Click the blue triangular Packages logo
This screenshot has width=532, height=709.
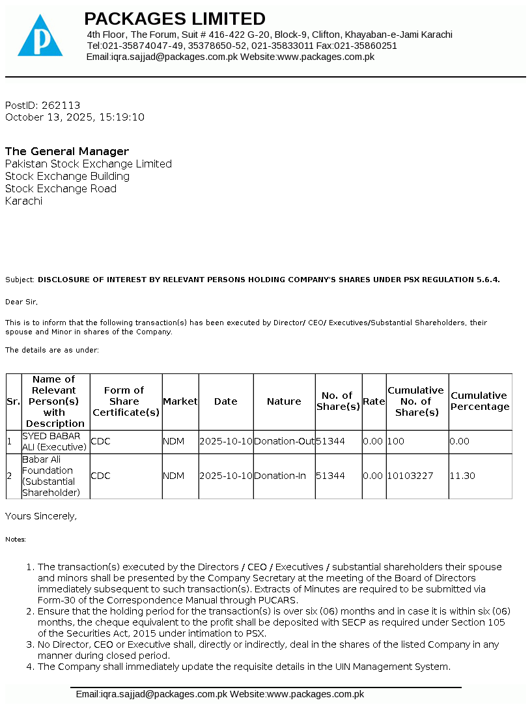point(40,36)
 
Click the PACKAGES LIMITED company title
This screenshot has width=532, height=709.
point(175,18)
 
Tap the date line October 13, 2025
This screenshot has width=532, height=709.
point(74,117)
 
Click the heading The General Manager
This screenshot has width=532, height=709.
point(67,151)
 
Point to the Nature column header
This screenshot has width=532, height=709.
point(284,401)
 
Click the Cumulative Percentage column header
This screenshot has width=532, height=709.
point(480,401)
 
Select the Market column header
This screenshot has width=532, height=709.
point(180,401)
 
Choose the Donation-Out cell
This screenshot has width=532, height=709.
point(284,441)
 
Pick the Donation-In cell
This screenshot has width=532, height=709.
point(280,476)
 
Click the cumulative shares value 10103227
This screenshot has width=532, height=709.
point(410,476)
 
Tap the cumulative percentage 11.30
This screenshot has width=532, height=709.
point(462,476)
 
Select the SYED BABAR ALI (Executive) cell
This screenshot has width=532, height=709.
point(55,441)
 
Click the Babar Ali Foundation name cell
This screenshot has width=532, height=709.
point(51,476)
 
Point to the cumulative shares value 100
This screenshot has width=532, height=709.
point(396,441)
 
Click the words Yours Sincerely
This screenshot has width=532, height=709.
point(41,516)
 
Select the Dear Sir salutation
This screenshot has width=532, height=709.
point(21,302)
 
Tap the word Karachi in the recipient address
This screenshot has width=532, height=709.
point(23,201)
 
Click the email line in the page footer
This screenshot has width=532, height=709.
point(219,695)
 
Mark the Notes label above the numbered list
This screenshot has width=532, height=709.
point(16,540)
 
